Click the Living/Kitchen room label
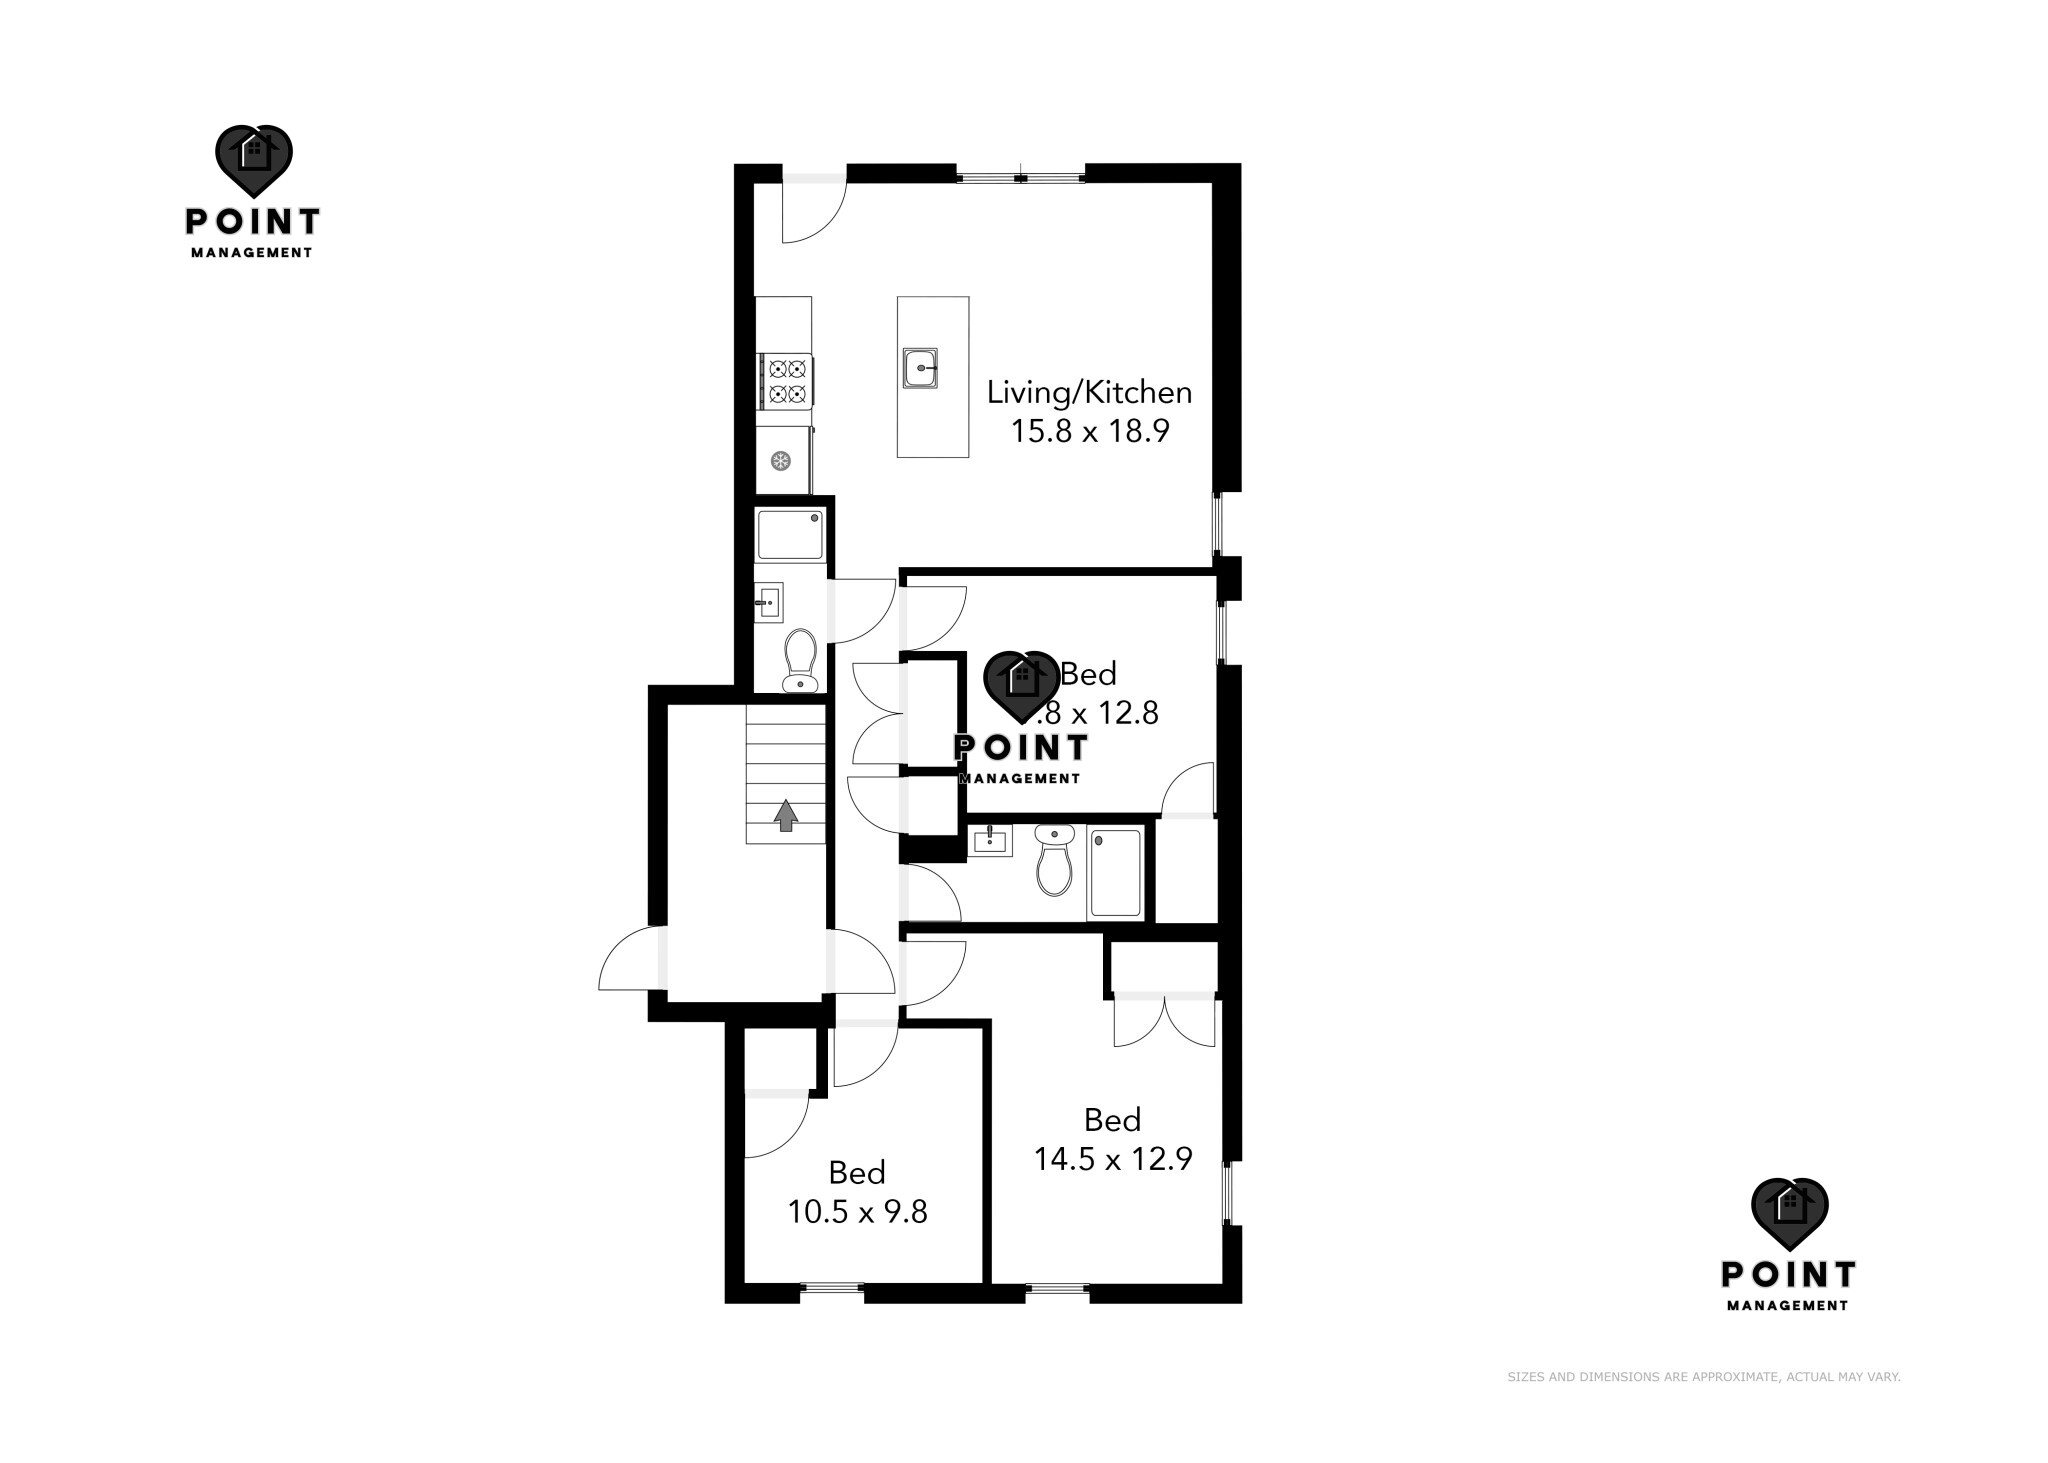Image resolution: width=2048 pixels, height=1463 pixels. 1089,392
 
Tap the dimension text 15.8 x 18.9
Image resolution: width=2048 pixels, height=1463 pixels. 1089,432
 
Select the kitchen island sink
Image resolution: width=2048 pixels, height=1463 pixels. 920,368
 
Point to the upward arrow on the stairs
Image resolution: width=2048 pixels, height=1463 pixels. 786,815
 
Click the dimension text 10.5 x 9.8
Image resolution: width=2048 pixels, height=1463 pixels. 857,1212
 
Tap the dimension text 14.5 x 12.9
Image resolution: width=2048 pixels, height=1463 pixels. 1112,1159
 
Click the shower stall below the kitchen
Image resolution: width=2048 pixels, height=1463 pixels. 790,534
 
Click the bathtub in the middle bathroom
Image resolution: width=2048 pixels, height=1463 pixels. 1115,872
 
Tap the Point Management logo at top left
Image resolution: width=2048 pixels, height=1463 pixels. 254,191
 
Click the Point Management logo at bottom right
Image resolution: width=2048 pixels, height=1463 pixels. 1788,1244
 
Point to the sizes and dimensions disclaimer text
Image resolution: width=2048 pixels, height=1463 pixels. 1703,1377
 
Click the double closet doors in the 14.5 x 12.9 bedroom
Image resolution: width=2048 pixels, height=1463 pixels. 1166,1020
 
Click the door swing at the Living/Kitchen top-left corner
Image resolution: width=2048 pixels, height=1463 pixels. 813,210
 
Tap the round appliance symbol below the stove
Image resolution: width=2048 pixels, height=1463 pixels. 780,461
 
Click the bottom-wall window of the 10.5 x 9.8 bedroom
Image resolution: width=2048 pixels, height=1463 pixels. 831,1288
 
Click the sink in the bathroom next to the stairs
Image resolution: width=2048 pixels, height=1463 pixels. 768,602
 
